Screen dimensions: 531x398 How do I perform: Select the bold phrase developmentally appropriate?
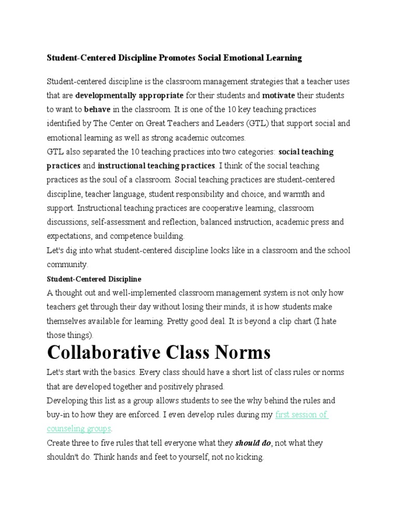129,95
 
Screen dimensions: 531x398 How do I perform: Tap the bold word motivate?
278,95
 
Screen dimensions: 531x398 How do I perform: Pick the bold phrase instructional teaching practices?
156,166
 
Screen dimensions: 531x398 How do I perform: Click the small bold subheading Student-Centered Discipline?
94,279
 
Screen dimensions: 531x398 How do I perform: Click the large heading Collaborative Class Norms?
159,353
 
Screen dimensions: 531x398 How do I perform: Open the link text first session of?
301,415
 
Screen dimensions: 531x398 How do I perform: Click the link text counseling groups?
79,429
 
